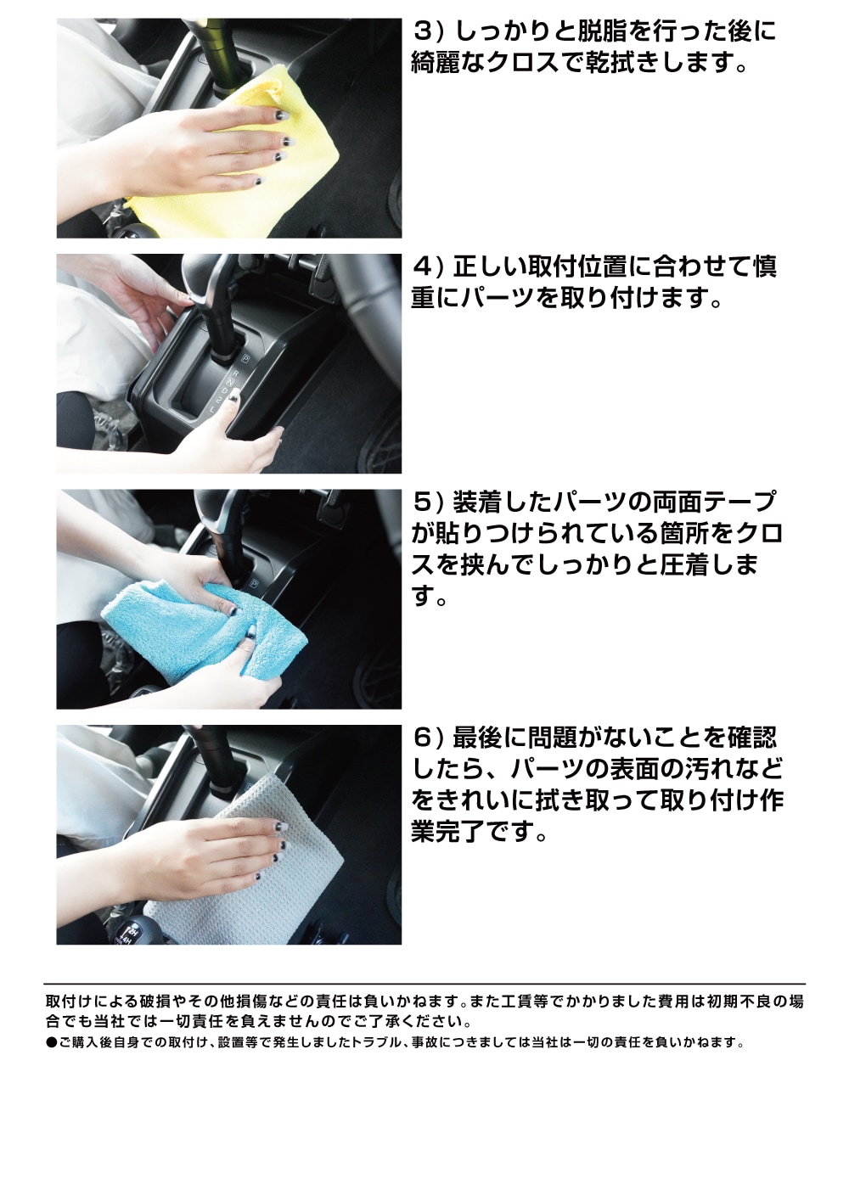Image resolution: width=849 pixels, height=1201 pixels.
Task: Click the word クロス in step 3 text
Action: pyautogui.click(x=522, y=64)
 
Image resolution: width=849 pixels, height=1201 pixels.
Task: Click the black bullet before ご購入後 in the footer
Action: pyautogui.click(x=51, y=1042)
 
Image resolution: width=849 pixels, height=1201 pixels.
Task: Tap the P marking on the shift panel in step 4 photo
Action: pyautogui.click(x=245, y=359)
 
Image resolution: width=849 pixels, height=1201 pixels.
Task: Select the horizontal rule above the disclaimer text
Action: pyautogui.click(x=424, y=984)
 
